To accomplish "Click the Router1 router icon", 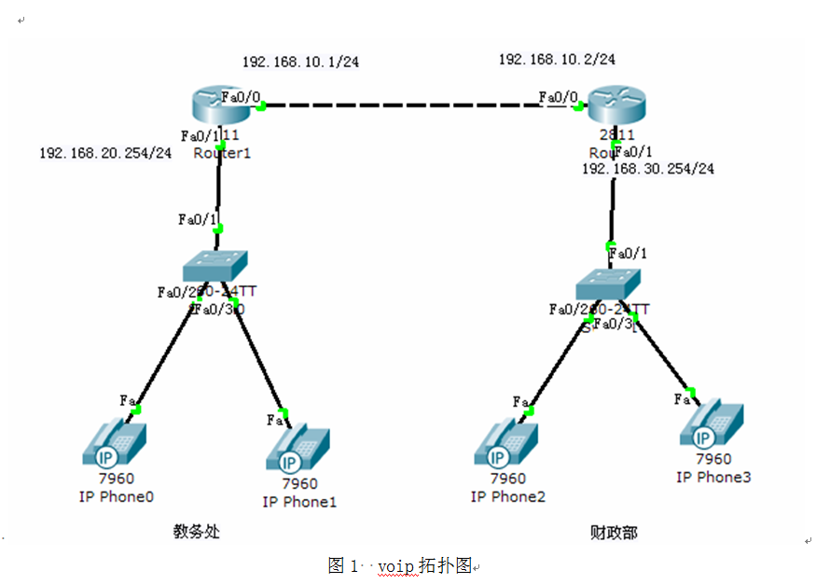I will pyautogui.click(x=219, y=104).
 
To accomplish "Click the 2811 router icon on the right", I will pyautogui.click(x=616, y=104).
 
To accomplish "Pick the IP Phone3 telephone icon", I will pyautogui.click(x=712, y=426).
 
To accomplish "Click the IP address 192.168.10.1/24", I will pyautogui.click(x=300, y=62).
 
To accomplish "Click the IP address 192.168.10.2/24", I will pyautogui.click(x=557, y=59).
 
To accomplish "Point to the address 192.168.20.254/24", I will pyautogui.click(x=105, y=152).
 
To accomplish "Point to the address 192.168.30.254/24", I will pyautogui.click(x=648, y=169).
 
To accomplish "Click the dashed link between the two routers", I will pyautogui.click(x=401, y=105).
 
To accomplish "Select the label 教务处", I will pyautogui.click(x=196, y=532).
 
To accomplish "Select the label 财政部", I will pyautogui.click(x=614, y=532).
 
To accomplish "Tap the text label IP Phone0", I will pyautogui.click(x=116, y=496).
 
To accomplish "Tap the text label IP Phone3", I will pyautogui.click(x=713, y=477).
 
